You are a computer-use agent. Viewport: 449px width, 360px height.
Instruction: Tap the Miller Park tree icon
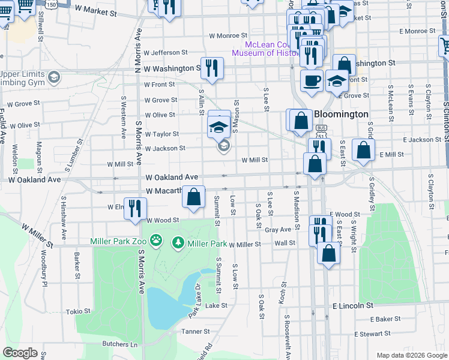tap(178, 243)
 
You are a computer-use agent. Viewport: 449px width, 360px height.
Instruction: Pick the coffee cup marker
tap(311, 80)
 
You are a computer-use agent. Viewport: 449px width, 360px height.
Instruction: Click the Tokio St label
tap(78, 311)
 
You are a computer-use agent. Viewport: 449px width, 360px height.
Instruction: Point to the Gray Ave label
tap(277, 229)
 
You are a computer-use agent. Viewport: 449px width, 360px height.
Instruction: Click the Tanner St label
tap(196, 331)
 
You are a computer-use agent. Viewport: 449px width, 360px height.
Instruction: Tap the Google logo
tap(20, 353)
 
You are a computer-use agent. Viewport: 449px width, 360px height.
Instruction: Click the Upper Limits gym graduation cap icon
tap(54, 77)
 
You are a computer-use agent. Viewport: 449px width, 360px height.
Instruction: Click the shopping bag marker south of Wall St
tap(328, 253)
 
